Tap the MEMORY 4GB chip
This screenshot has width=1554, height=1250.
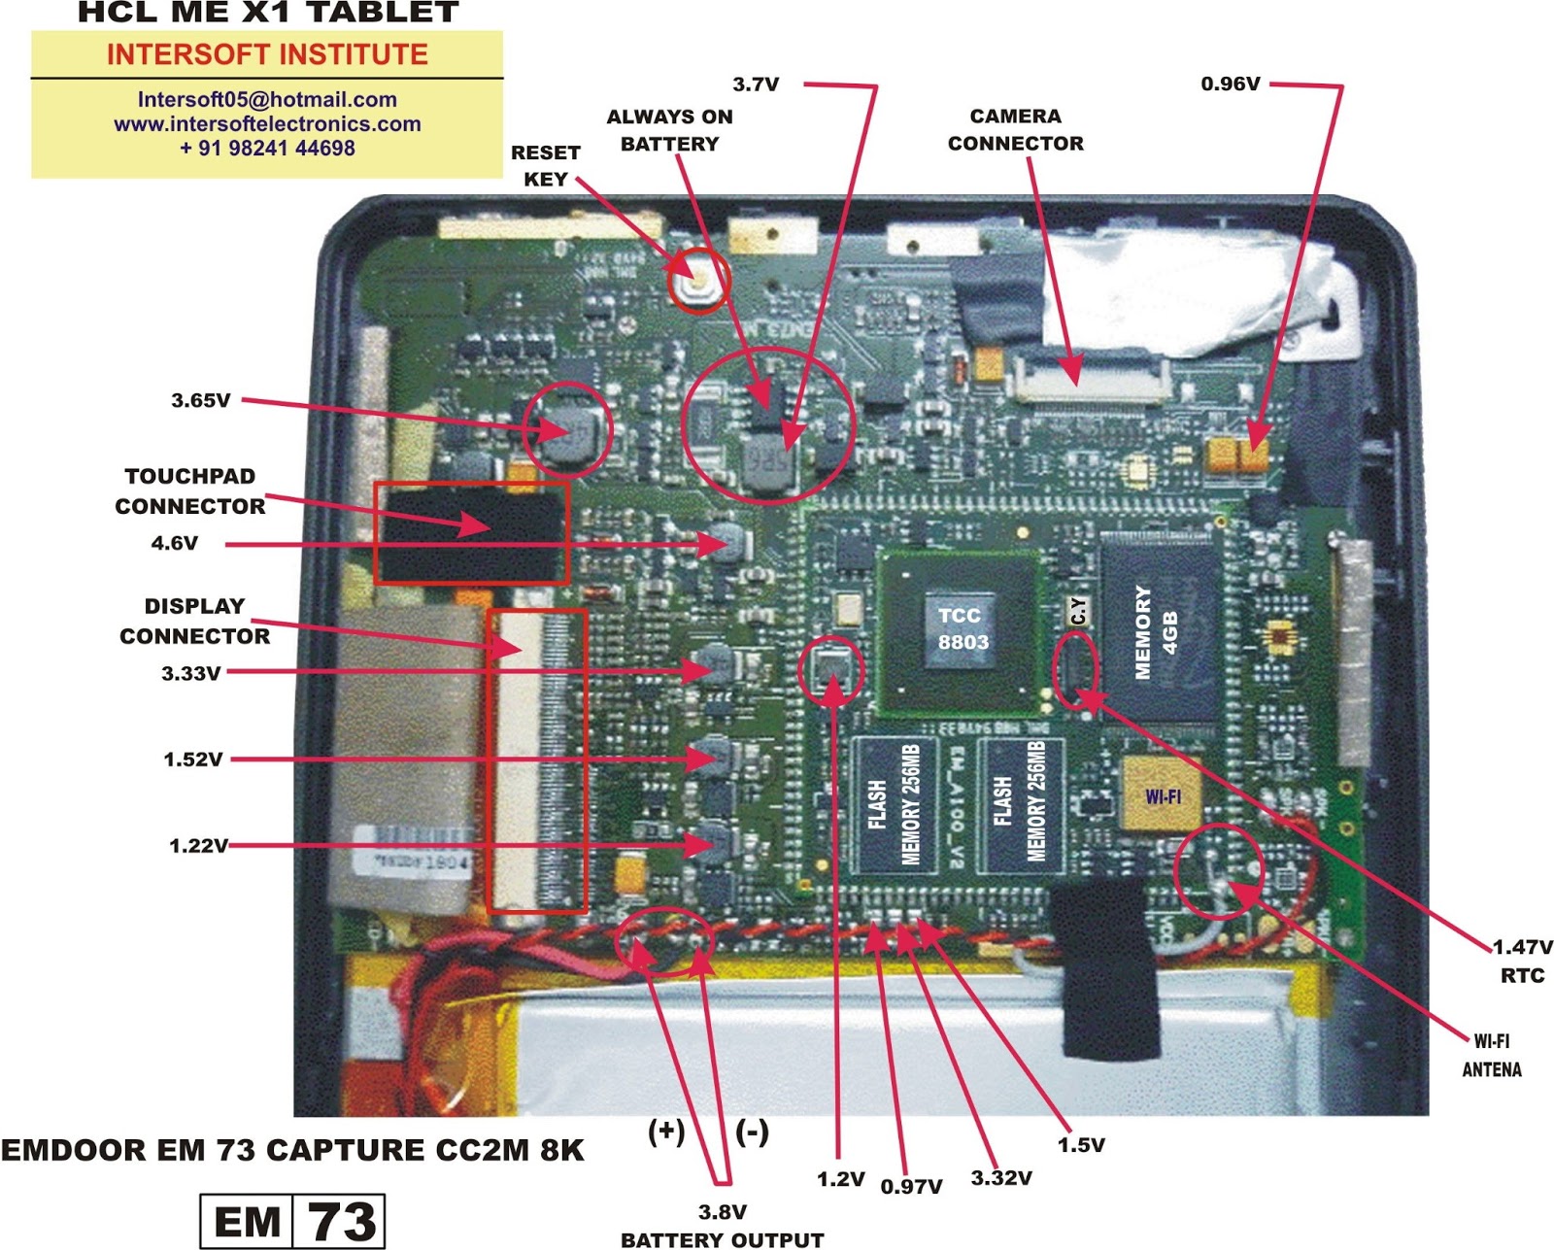tap(1157, 632)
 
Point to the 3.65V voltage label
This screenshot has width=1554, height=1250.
tap(201, 400)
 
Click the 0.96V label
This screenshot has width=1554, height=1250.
tap(1231, 84)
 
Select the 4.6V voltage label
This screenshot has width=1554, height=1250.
tap(175, 543)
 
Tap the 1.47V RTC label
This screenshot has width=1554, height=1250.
tap(1522, 960)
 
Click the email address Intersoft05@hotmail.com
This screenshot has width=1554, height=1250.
tap(267, 99)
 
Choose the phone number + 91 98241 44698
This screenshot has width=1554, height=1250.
tap(267, 149)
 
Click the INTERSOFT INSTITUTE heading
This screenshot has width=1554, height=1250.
tap(267, 54)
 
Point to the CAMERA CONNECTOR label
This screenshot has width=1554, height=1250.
tap(1015, 129)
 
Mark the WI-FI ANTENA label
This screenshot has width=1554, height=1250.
tap(1492, 1055)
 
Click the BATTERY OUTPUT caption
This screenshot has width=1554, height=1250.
tap(722, 1239)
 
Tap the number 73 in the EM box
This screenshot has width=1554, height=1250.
tap(341, 1221)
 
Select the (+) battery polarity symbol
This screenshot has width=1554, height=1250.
tap(666, 1132)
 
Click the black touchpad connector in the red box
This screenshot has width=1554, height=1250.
tap(471, 531)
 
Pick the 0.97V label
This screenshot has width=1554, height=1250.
tap(911, 1187)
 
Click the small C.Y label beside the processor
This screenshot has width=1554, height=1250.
tap(1078, 611)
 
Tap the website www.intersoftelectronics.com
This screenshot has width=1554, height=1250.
tap(267, 124)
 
